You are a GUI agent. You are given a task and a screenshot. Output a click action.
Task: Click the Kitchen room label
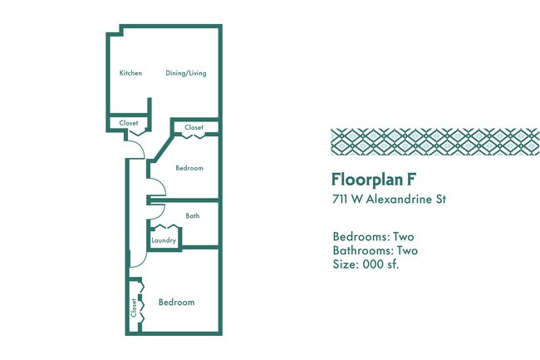click(x=130, y=73)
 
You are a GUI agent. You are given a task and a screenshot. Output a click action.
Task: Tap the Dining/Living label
click(x=186, y=73)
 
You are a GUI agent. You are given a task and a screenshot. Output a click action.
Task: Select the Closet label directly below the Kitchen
click(x=129, y=123)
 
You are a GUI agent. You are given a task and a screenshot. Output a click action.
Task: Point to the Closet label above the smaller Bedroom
click(x=194, y=128)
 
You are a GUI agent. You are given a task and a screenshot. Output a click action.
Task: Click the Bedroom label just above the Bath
click(x=189, y=168)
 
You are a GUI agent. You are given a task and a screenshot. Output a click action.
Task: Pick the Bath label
click(x=192, y=216)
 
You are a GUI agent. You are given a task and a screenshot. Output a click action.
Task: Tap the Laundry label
click(x=164, y=241)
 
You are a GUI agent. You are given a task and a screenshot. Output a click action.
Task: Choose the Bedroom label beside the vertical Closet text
click(x=176, y=303)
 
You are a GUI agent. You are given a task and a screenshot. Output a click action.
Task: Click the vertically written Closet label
click(x=134, y=308)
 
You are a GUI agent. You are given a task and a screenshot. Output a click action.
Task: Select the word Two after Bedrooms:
click(x=403, y=236)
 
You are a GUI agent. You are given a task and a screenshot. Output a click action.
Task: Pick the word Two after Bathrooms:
click(x=405, y=250)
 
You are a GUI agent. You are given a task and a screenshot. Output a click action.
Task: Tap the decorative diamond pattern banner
click(x=434, y=142)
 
